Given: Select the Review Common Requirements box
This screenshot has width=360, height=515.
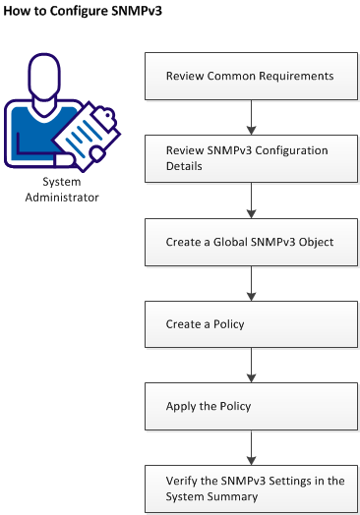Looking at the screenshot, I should coord(250,76).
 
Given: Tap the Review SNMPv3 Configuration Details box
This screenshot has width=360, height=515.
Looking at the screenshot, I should coord(250,157).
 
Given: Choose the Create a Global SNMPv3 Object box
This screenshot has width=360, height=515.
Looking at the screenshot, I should coord(250,241).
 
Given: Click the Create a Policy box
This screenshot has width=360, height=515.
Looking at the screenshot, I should coord(250,323).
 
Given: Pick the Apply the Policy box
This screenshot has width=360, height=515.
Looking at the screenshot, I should coord(250,406).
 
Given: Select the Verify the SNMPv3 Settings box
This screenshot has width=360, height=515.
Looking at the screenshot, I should coord(250,488).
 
